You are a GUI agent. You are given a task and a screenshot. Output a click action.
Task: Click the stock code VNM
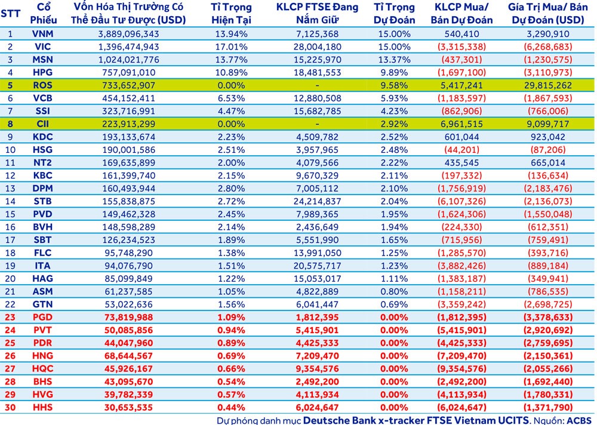tap(42, 33)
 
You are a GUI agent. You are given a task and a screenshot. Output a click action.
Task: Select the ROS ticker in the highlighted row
tap(42, 85)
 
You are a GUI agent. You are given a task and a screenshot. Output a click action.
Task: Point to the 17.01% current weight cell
tap(231, 47)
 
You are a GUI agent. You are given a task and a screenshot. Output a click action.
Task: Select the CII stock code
tap(42, 124)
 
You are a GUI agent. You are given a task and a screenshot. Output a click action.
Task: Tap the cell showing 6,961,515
tap(461, 124)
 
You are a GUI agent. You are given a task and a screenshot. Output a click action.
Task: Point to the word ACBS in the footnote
tap(580, 420)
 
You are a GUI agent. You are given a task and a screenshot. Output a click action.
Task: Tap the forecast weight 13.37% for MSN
tap(394, 60)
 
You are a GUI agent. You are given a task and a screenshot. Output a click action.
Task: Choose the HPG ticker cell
tap(42, 72)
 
